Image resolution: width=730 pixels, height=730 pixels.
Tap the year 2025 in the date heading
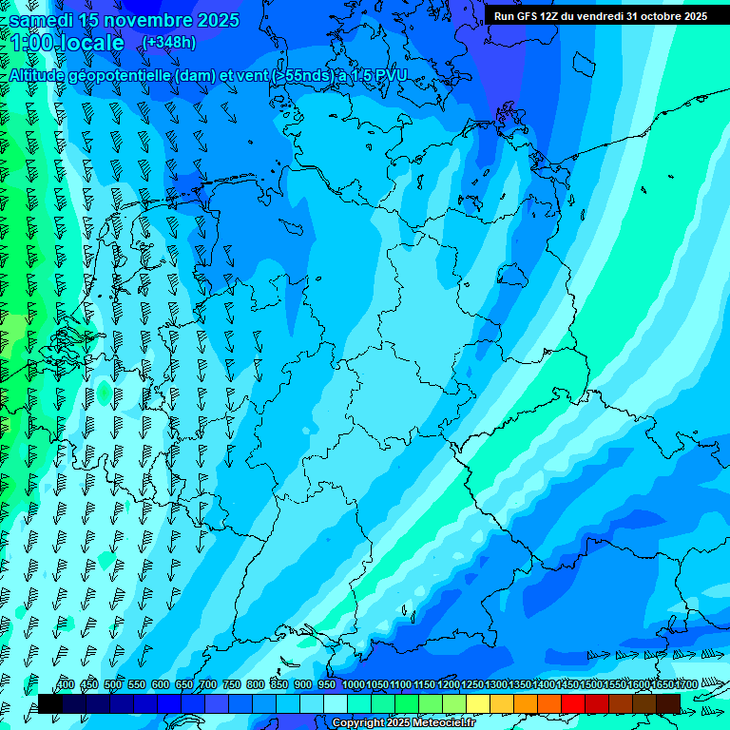click(x=218, y=20)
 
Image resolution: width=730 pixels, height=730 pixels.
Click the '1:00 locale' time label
click(x=67, y=43)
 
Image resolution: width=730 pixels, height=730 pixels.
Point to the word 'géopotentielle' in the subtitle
click(x=124, y=75)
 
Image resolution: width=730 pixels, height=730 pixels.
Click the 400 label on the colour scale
click(x=66, y=685)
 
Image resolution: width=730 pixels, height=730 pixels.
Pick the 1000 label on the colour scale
click(x=353, y=685)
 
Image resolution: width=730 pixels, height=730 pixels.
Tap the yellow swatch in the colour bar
click(x=478, y=703)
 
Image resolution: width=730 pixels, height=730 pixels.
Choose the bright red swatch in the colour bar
click(x=573, y=703)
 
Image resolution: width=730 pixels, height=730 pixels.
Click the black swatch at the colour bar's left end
click(x=50, y=703)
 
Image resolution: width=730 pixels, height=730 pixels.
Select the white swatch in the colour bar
click(x=336, y=703)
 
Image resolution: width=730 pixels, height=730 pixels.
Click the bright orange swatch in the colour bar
click(x=526, y=703)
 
